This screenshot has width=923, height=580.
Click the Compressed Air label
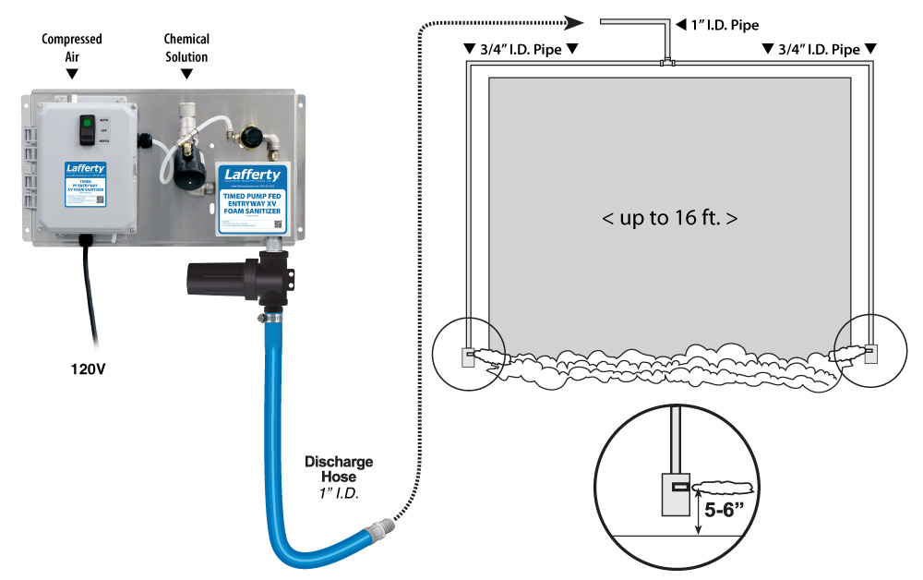point(72,46)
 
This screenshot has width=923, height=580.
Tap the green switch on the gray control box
point(87,122)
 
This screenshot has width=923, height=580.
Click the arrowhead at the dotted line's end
point(576,21)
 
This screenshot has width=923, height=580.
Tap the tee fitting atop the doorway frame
point(668,63)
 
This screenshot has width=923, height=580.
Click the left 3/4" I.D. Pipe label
point(520,48)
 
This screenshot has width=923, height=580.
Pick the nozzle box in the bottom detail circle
point(678,493)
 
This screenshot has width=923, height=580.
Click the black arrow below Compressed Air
point(72,72)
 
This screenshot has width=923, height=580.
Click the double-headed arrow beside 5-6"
point(698,512)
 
